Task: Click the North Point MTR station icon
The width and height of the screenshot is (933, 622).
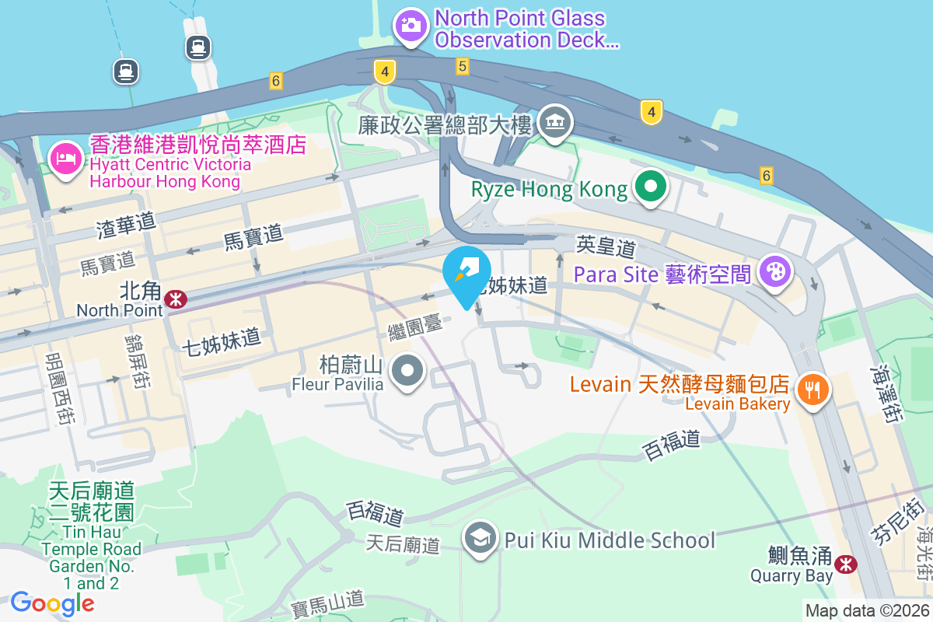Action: [x=176, y=299]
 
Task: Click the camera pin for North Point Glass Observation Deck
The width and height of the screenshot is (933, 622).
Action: [x=411, y=25]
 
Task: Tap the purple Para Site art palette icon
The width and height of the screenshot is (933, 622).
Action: [x=775, y=272]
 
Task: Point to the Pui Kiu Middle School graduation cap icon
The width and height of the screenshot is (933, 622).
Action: [x=481, y=537]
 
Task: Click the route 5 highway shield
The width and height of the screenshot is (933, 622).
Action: [x=463, y=67]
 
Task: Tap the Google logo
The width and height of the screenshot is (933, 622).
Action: [x=52, y=603]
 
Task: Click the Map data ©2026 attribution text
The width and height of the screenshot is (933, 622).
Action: [x=867, y=611]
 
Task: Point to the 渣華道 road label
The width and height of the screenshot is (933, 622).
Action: [x=127, y=223]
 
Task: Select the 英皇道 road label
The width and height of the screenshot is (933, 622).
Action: [x=606, y=247]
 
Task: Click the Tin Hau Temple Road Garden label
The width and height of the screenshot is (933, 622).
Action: [x=92, y=536]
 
